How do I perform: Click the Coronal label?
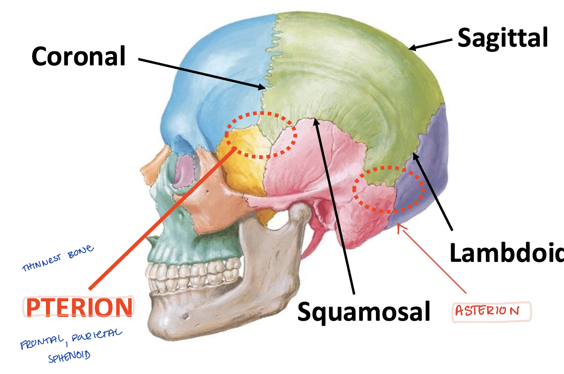78,56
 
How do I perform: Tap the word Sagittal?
503,38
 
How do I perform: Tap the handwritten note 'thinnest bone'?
58,258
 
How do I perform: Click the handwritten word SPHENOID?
69,356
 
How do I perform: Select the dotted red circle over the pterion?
261,135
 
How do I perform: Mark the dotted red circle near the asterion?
388,190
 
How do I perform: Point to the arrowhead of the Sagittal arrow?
411,48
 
